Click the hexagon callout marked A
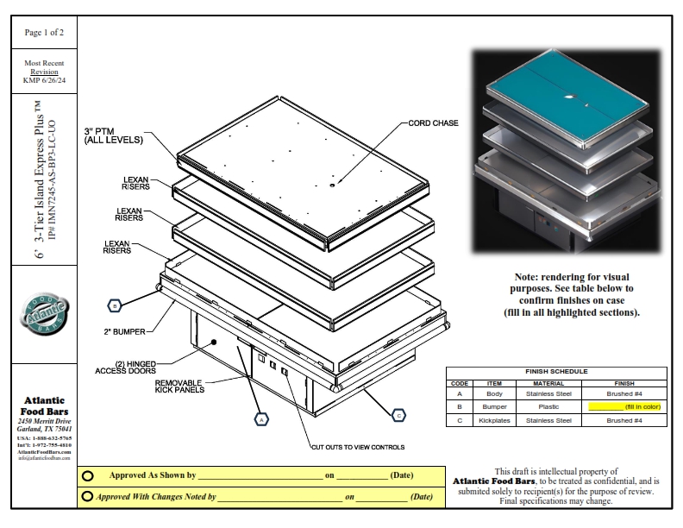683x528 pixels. click(259, 418)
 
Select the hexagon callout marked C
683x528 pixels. click(398, 416)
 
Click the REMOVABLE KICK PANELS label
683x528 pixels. click(179, 386)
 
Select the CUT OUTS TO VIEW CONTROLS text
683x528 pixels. click(358, 447)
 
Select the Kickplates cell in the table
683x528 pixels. click(494, 420)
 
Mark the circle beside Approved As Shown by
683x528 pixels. click(88, 475)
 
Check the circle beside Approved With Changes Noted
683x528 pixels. click(88, 496)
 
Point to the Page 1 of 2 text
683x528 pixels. click(44, 33)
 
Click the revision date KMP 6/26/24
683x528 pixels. click(44, 80)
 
